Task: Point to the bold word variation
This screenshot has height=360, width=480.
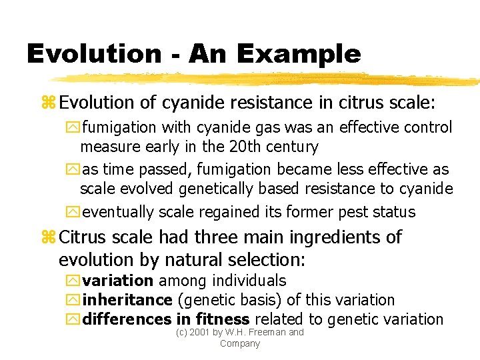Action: tap(118, 281)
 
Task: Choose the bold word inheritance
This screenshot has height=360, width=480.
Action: tap(127, 300)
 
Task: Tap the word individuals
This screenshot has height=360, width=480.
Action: tap(242, 281)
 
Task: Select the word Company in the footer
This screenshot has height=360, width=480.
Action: tap(239, 343)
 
